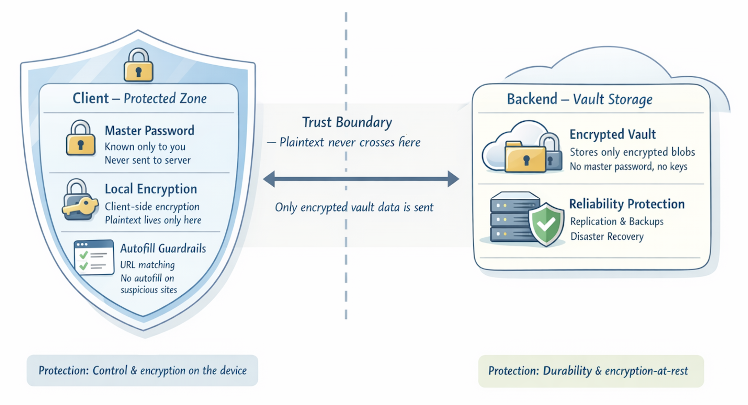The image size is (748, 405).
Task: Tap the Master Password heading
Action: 149,131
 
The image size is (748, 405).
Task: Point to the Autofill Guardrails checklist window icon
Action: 94,258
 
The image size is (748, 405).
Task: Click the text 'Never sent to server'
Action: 147,160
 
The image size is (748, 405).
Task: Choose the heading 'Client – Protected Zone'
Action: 139,98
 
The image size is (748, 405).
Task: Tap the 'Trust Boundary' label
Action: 347,122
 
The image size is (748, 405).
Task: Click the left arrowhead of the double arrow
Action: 269,179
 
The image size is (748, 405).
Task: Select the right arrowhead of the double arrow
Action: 453,179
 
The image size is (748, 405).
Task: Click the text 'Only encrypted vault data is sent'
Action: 354,207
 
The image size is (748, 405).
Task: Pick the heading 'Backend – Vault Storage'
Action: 579,99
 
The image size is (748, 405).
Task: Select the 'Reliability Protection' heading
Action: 627,204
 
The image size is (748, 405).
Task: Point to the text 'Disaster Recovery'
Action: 607,237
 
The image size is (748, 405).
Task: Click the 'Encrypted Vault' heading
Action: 612,134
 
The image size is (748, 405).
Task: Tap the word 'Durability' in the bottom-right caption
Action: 567,371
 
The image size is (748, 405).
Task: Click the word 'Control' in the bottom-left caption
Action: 110,370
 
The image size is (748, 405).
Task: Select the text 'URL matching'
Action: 147,265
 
